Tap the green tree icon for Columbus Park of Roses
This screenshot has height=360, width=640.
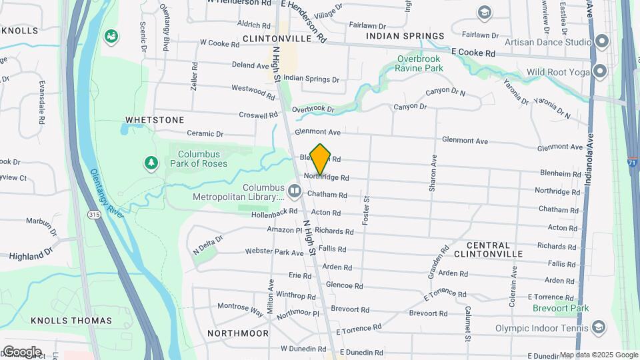coord(152,163)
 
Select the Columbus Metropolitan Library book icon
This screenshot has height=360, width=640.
coord(295,192)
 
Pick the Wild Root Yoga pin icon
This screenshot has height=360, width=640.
coord(601,71)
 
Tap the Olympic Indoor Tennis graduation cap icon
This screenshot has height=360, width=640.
coord(598,327)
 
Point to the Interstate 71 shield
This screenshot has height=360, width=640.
coord(631,162)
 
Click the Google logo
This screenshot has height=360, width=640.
coord(22,351)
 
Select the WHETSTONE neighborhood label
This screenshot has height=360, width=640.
coord(155,120)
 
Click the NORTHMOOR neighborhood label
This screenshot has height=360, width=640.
coord(238,333)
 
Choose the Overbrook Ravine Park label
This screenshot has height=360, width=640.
coord(419,63)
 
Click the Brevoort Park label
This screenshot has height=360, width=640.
coord(561,308)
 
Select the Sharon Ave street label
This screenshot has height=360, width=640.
coord(433,173)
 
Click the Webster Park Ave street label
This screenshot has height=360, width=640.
coord(275,251)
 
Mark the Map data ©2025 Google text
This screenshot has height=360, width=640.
coord(599,355)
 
